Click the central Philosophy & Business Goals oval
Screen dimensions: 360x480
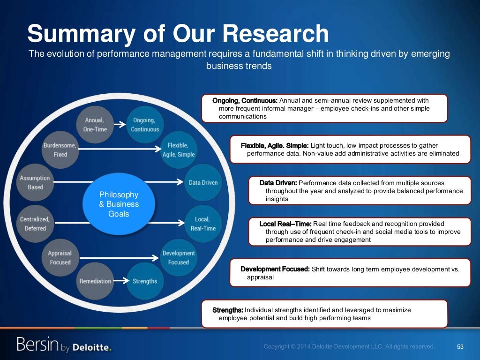pyautogui.click(x=119, y=204)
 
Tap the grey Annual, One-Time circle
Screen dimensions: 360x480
pyautogui.click(x=96, y=125)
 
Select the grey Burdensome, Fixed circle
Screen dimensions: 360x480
pyautogui.click(x=60, y=150)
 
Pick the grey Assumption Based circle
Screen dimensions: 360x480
pyautogui.click(x=35, y=182)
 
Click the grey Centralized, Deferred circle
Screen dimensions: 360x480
pyautogui.click(x=35, y=224)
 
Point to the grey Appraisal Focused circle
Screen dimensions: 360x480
pyautogui.click(x=60, y=257)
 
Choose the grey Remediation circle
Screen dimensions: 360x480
pyautogui.click(x=95, y=281)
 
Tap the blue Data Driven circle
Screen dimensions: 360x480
pyautogui.click(x=203, y=182)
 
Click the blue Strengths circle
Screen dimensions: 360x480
pyautogui.click(x=145, y=281)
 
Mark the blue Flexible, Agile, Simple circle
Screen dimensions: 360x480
pyautogui.click(x=178, y=150)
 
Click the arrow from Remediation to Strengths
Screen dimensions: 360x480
pyautogui.click(x=120, y=281)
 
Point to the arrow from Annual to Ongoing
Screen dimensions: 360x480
pyautogui.click(x=119, y=125)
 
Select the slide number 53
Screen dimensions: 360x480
pyautogui.click(x=460, y=347)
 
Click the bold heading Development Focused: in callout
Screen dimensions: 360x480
pyautogui.click(x=275, y=269)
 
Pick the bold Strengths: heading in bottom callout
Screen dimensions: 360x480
pyautogui.click(x=228, y=310)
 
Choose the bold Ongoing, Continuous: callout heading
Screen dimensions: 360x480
pyautogui.click(x=245, y=101)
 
